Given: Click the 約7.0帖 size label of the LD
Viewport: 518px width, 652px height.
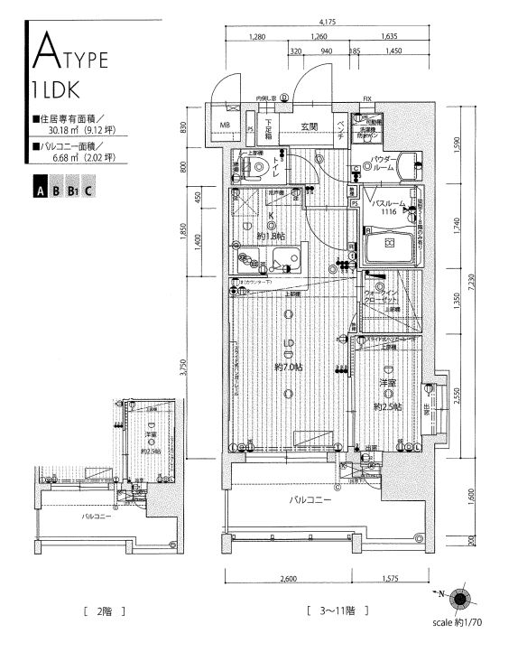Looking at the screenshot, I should point(289,368).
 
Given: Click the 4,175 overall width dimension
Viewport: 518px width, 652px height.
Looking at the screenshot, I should point(328,22).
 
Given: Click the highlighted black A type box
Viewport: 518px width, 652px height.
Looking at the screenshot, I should point(41,191).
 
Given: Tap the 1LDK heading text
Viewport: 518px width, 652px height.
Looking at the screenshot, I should point(60,91).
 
